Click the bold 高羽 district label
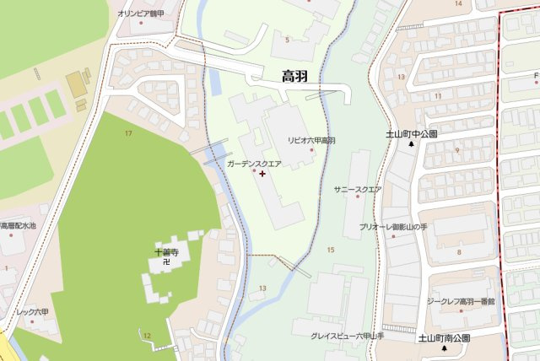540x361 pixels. (295, 77)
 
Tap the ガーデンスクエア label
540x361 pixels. (254, 164)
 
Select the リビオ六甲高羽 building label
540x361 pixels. (311, 140)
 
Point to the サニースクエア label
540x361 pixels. (358, 189)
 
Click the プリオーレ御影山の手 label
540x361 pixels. (393, 228)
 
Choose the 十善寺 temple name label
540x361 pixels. (166, 251)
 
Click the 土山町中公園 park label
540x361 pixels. (411, 134)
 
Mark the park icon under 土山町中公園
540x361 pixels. (412, 144)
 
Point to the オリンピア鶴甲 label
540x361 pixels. (145, 13)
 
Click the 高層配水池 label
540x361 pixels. (18, 226)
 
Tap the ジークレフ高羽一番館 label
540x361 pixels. (460, 301)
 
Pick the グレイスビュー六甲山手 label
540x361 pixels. (347, 336)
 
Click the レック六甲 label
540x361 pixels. (33, 312)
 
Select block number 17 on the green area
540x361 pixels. (128, 134)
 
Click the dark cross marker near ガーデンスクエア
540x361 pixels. (262, 174)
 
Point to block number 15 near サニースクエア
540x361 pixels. (331, 250)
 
